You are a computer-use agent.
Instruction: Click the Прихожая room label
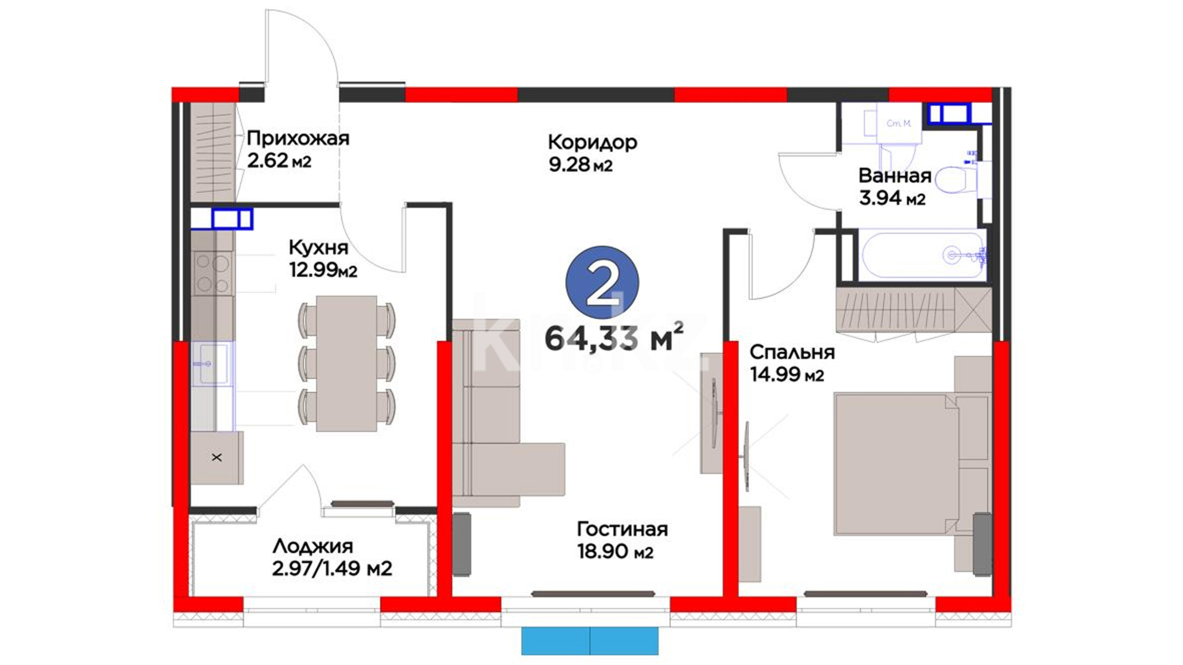tap(298, 138)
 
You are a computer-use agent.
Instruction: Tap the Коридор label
tap(592, 142)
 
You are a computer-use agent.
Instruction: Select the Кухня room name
tap(319, 248)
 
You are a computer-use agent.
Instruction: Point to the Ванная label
tap(895, 175)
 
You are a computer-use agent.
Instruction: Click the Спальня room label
tap(792, 352)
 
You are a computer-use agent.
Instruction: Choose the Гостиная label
tap(622, 529)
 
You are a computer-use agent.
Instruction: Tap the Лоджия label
tap(313, 546)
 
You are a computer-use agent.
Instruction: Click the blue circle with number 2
tap(602, 283)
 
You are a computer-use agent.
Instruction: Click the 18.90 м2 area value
tap(615, 552)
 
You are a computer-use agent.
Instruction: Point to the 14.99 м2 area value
tap(787, 374)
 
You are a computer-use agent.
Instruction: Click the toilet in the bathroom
tap(955, 179)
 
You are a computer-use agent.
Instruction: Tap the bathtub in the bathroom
tap(922, 255)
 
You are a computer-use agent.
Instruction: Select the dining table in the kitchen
tap(346, 363)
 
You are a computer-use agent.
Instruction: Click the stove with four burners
tap(212, 273)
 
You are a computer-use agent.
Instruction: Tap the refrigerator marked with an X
tap(216, 457)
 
